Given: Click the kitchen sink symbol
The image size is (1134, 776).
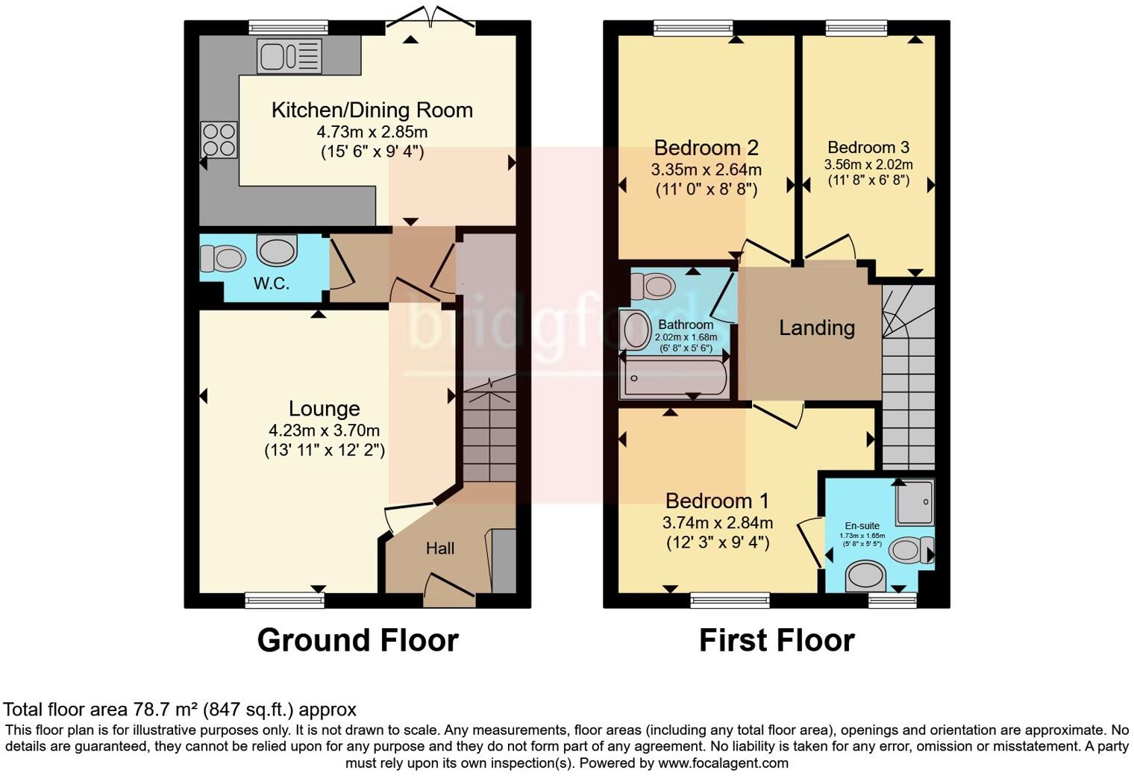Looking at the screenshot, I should (x=289, y=56).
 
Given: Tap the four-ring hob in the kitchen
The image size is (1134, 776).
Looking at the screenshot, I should (x=219, y=140).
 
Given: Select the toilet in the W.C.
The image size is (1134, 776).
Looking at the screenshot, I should (x=223, y=259).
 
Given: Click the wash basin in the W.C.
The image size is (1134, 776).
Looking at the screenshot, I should (x=277, y=249).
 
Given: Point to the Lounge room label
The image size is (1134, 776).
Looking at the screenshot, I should (x=324, y=409).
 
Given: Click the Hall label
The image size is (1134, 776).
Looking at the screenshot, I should (x=440, y=548).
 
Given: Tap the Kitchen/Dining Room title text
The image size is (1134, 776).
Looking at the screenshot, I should (x=372, y=110).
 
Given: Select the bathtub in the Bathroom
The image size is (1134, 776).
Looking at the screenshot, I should (x=675, y=379).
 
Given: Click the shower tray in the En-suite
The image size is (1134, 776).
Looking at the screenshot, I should (x=915, y=501).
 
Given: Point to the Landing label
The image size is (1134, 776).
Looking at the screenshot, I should (x=817, y=328).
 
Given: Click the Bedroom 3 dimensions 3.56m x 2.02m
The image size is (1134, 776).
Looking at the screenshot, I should (x=868, y=165).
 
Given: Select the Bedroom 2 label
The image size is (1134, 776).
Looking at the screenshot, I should (x=706, y=147).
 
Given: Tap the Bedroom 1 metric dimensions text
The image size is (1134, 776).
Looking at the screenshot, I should (x=718, y=522).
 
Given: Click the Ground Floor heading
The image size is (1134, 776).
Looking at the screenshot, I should (x=357, y=640).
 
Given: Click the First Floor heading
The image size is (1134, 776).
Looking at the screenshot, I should (x=776, y=640).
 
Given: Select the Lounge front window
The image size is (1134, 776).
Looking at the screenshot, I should (x=284, y=598).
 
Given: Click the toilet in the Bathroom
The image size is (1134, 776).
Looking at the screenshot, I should (x=652, y=286).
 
